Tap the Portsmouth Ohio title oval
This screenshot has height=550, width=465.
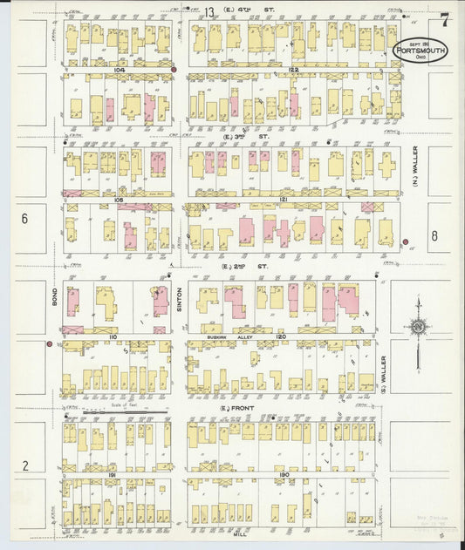[x=421, y=50]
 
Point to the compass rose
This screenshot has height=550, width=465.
[x=418, y=328]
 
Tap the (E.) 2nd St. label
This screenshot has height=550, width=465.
[x=236, y=267]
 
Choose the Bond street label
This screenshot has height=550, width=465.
[x=53, y=302]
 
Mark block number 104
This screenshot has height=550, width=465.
[x=120, y=69]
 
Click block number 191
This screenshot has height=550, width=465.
[x=113, y=474]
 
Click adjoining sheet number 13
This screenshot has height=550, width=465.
[x=210, y=11]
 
